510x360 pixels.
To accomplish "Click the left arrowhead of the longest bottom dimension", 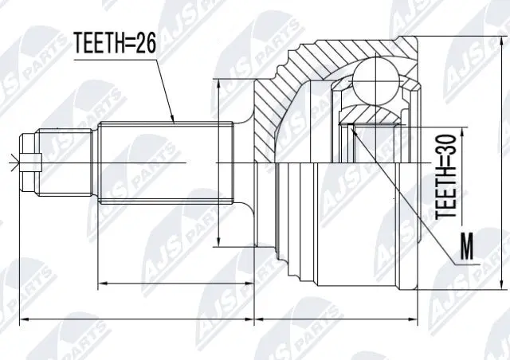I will (x=22, y=319).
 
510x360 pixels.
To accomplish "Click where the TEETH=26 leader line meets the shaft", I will (x=175, y=121).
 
